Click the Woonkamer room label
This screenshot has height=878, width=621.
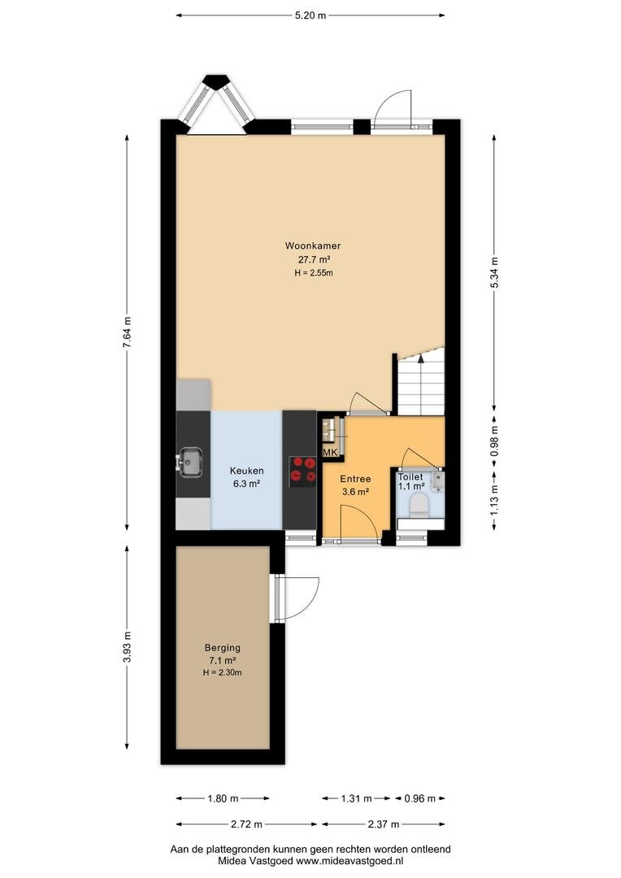point(312,246)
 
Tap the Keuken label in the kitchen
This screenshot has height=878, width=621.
point(246,471)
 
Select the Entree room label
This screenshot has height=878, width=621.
point(355,479)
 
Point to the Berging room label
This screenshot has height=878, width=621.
point(222,647)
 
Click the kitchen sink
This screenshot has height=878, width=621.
point(190,462)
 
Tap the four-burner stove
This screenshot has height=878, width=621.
point(302,471)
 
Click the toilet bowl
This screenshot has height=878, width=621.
point(419,506)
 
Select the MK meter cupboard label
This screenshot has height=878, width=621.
point(330,452)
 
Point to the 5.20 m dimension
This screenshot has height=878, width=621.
point(310,15)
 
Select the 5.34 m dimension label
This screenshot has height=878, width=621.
point(494,272)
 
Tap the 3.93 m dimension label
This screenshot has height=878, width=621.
point(127,647)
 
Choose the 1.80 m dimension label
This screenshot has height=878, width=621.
point(223,798)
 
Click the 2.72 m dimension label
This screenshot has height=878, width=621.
point(246,824)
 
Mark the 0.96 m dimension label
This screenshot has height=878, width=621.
point(420,798)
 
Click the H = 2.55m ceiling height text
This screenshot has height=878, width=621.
point(314,273)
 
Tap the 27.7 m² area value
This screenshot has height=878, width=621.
point(314,259)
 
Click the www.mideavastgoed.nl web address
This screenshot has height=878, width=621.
point(350,861)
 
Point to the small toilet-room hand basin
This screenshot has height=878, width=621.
point(438,480)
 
